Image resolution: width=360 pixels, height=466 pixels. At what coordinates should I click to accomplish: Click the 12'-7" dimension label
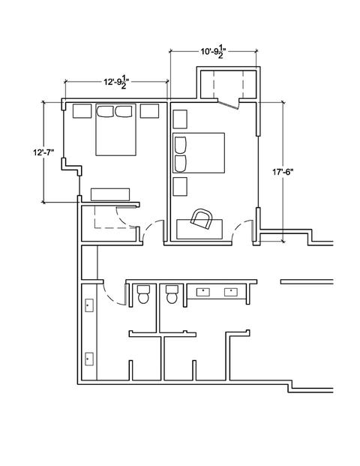(43, 152)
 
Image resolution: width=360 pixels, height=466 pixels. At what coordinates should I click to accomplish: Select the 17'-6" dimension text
(283, 172)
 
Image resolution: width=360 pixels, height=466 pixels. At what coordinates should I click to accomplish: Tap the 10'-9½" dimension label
(211, 52)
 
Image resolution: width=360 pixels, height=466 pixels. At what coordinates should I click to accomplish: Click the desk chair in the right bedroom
(202, 219)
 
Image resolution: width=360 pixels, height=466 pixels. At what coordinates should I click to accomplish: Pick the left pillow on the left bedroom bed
(105, 112)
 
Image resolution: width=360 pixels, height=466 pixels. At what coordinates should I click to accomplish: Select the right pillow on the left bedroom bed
(124, 112)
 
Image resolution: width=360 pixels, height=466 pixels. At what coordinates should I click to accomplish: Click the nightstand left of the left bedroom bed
(82, 111)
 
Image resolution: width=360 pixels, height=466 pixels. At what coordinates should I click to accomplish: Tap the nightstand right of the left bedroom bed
(149, 111)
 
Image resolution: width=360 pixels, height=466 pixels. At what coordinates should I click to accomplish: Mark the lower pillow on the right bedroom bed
(180, 164)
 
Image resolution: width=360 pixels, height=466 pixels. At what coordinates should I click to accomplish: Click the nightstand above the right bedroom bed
(180, 119)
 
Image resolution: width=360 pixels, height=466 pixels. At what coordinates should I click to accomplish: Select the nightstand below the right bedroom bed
(180, 187)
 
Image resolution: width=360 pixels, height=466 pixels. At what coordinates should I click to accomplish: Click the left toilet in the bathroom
(143, 294)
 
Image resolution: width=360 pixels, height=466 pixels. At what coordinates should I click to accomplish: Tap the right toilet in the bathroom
(172, 294)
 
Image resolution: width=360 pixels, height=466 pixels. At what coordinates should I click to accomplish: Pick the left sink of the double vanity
(203, 292)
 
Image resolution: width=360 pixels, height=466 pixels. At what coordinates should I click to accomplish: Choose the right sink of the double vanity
(231, 292)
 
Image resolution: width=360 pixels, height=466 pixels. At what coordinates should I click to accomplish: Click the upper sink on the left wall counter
(89, 305)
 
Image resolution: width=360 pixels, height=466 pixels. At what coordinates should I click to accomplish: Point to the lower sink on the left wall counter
(89, 359)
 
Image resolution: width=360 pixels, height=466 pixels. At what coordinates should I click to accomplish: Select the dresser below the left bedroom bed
(110, 194)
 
